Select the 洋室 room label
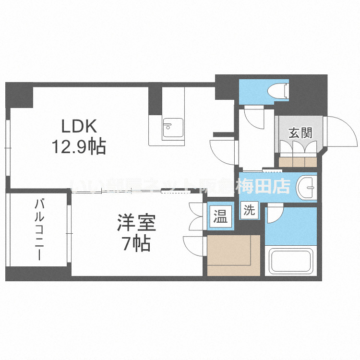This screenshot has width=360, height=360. (137, 224)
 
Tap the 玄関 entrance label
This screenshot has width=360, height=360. (300, 133)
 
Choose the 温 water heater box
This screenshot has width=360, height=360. (220, 217)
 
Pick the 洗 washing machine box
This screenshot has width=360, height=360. (249, 210)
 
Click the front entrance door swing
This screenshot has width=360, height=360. (342, 132)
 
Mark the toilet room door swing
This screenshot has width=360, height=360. (252, 116)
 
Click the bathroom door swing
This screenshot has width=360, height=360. (275, 213)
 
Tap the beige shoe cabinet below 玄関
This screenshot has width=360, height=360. (298, 161)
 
